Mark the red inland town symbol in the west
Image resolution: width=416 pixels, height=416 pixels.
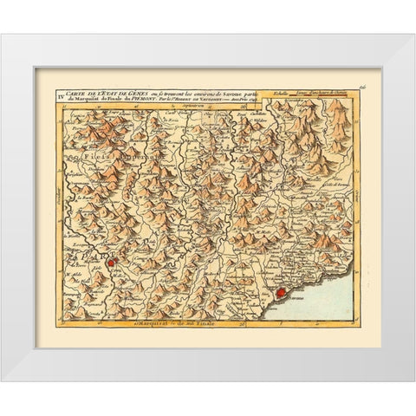110,257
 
